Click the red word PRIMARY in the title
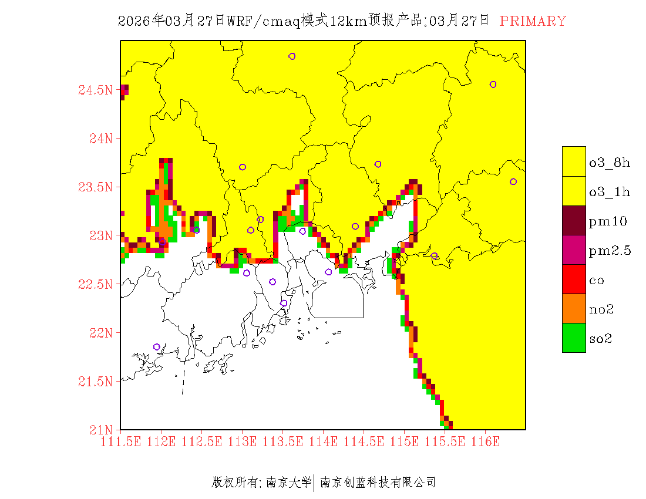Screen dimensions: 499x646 [x=533, y=21]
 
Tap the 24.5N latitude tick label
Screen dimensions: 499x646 [x=95, y=90]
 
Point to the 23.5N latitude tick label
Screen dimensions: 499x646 [x=95, y=187]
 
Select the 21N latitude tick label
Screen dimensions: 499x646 [x=100, y=430]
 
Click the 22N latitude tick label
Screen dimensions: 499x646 [x=100, y=333]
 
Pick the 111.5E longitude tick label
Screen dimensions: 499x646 [x=121, y=441]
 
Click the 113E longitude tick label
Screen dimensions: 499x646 [x=243, y=441]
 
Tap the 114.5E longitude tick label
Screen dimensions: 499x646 [x=364, y=441]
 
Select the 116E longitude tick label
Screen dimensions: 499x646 [x=485, y=441]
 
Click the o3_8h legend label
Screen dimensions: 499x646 [x=610, y=163]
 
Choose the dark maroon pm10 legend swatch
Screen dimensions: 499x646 [x=574, y=221]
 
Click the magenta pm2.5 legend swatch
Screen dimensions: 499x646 [x=574, y=250]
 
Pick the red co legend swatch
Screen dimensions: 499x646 [x=574, y=279]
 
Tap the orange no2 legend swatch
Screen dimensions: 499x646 [x=574, y=309]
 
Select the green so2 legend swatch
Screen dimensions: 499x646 [x=574, y=338]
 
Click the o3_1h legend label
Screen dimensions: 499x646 [x=610, y=192]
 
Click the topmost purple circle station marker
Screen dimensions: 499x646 [x=292, y=56]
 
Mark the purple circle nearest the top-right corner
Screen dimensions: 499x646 [x=493, y=85]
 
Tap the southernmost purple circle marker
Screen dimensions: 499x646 [x=157, y=347]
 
